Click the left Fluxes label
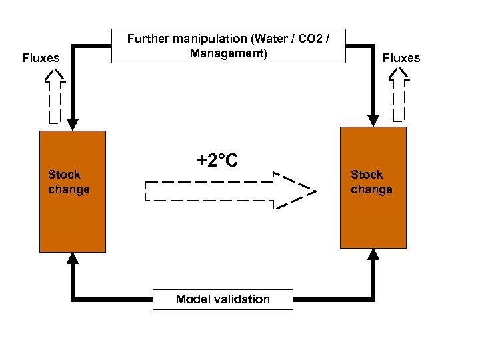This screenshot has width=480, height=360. (x=41, y=58)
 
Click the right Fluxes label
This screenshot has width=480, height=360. (x=401, y=58)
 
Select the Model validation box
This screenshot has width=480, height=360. (x=223, y=299)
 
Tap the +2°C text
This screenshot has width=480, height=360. (x=217, y=161)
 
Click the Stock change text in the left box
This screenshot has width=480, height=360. (x=68, y=182)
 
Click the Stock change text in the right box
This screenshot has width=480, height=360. (x=371, y=182)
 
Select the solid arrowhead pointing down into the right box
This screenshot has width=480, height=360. (x=373, y=120)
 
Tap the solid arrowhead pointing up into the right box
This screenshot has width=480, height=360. (x=373, y=254)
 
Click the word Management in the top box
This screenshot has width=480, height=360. (x=228, y=53)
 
